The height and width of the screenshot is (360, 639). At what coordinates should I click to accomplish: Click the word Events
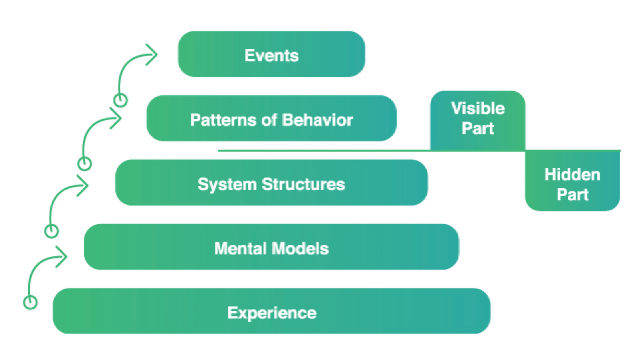[x=272, y=55]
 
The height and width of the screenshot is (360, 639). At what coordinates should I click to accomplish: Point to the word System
[x=227, y=184]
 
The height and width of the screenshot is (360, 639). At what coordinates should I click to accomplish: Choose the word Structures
[x=303, y=184]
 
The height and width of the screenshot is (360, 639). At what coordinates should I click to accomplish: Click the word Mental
[x=240, y=249]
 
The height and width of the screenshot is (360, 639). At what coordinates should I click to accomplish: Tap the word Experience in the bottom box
[x=272, y=313]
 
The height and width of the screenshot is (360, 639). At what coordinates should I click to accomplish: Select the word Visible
[x=478, y=109]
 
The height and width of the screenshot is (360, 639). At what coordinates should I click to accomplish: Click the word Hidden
[x=572, y=175]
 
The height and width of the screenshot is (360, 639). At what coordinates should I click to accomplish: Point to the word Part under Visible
[x=478, y=129]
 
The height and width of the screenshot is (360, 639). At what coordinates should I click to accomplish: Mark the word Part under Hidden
[x=572, y=195]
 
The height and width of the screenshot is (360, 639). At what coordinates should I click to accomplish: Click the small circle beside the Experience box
[x=30, y=302]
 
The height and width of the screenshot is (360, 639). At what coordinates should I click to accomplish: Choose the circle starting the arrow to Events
[x=121, y=100]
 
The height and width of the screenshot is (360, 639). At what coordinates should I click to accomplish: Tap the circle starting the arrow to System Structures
[x=52, y=231]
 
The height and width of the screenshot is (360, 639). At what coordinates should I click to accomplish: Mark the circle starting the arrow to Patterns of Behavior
[x=85, y=164]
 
